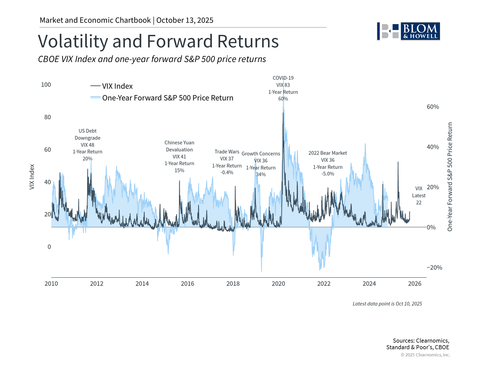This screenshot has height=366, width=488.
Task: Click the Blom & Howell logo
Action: click(x=408, y=31)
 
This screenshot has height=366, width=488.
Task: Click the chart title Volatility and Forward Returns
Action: click(x=158, y=41)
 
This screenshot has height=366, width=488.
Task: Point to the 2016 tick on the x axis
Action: click(x=187, y=284)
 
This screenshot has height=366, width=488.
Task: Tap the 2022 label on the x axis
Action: click(x=324, y=284)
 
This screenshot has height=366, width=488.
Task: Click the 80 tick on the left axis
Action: click(x=48, y=117)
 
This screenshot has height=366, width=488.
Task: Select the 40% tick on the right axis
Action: click(x=433, y=147)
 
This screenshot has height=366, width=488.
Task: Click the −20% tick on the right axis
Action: click(x=434, y=267)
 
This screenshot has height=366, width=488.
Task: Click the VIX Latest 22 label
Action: click(x=419, y=195)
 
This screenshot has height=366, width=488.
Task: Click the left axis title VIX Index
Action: click(x=32, y=177)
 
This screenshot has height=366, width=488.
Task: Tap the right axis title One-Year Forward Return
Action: click(x=450, y=177)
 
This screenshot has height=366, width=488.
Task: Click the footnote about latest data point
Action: click(x=387, y=304)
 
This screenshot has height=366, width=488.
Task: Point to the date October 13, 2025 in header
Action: click(x=185, y=20)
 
